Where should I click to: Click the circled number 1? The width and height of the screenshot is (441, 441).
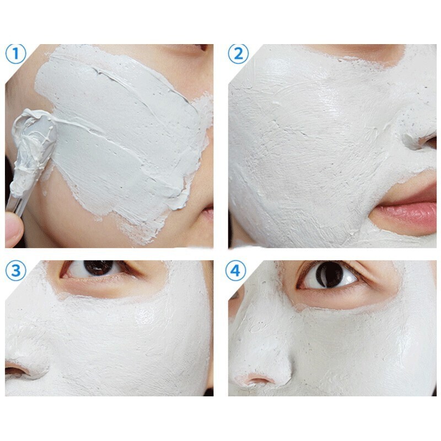(x=16, y=53)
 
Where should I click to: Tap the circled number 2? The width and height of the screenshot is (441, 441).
(x=238, y=53)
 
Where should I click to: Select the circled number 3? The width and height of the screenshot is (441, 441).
(x=16, y=271)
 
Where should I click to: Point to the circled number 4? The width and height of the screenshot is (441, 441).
(x=236, y=271)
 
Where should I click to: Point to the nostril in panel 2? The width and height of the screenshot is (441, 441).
(x=429, y=142)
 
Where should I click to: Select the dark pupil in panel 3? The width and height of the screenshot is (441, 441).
(x=99, y=268)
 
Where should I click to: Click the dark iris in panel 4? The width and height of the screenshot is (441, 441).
(x=330, y=275)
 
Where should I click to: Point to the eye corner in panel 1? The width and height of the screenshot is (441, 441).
(x=203, y=47)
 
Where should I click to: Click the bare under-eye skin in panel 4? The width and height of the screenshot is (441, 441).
(x=349, y=298)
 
